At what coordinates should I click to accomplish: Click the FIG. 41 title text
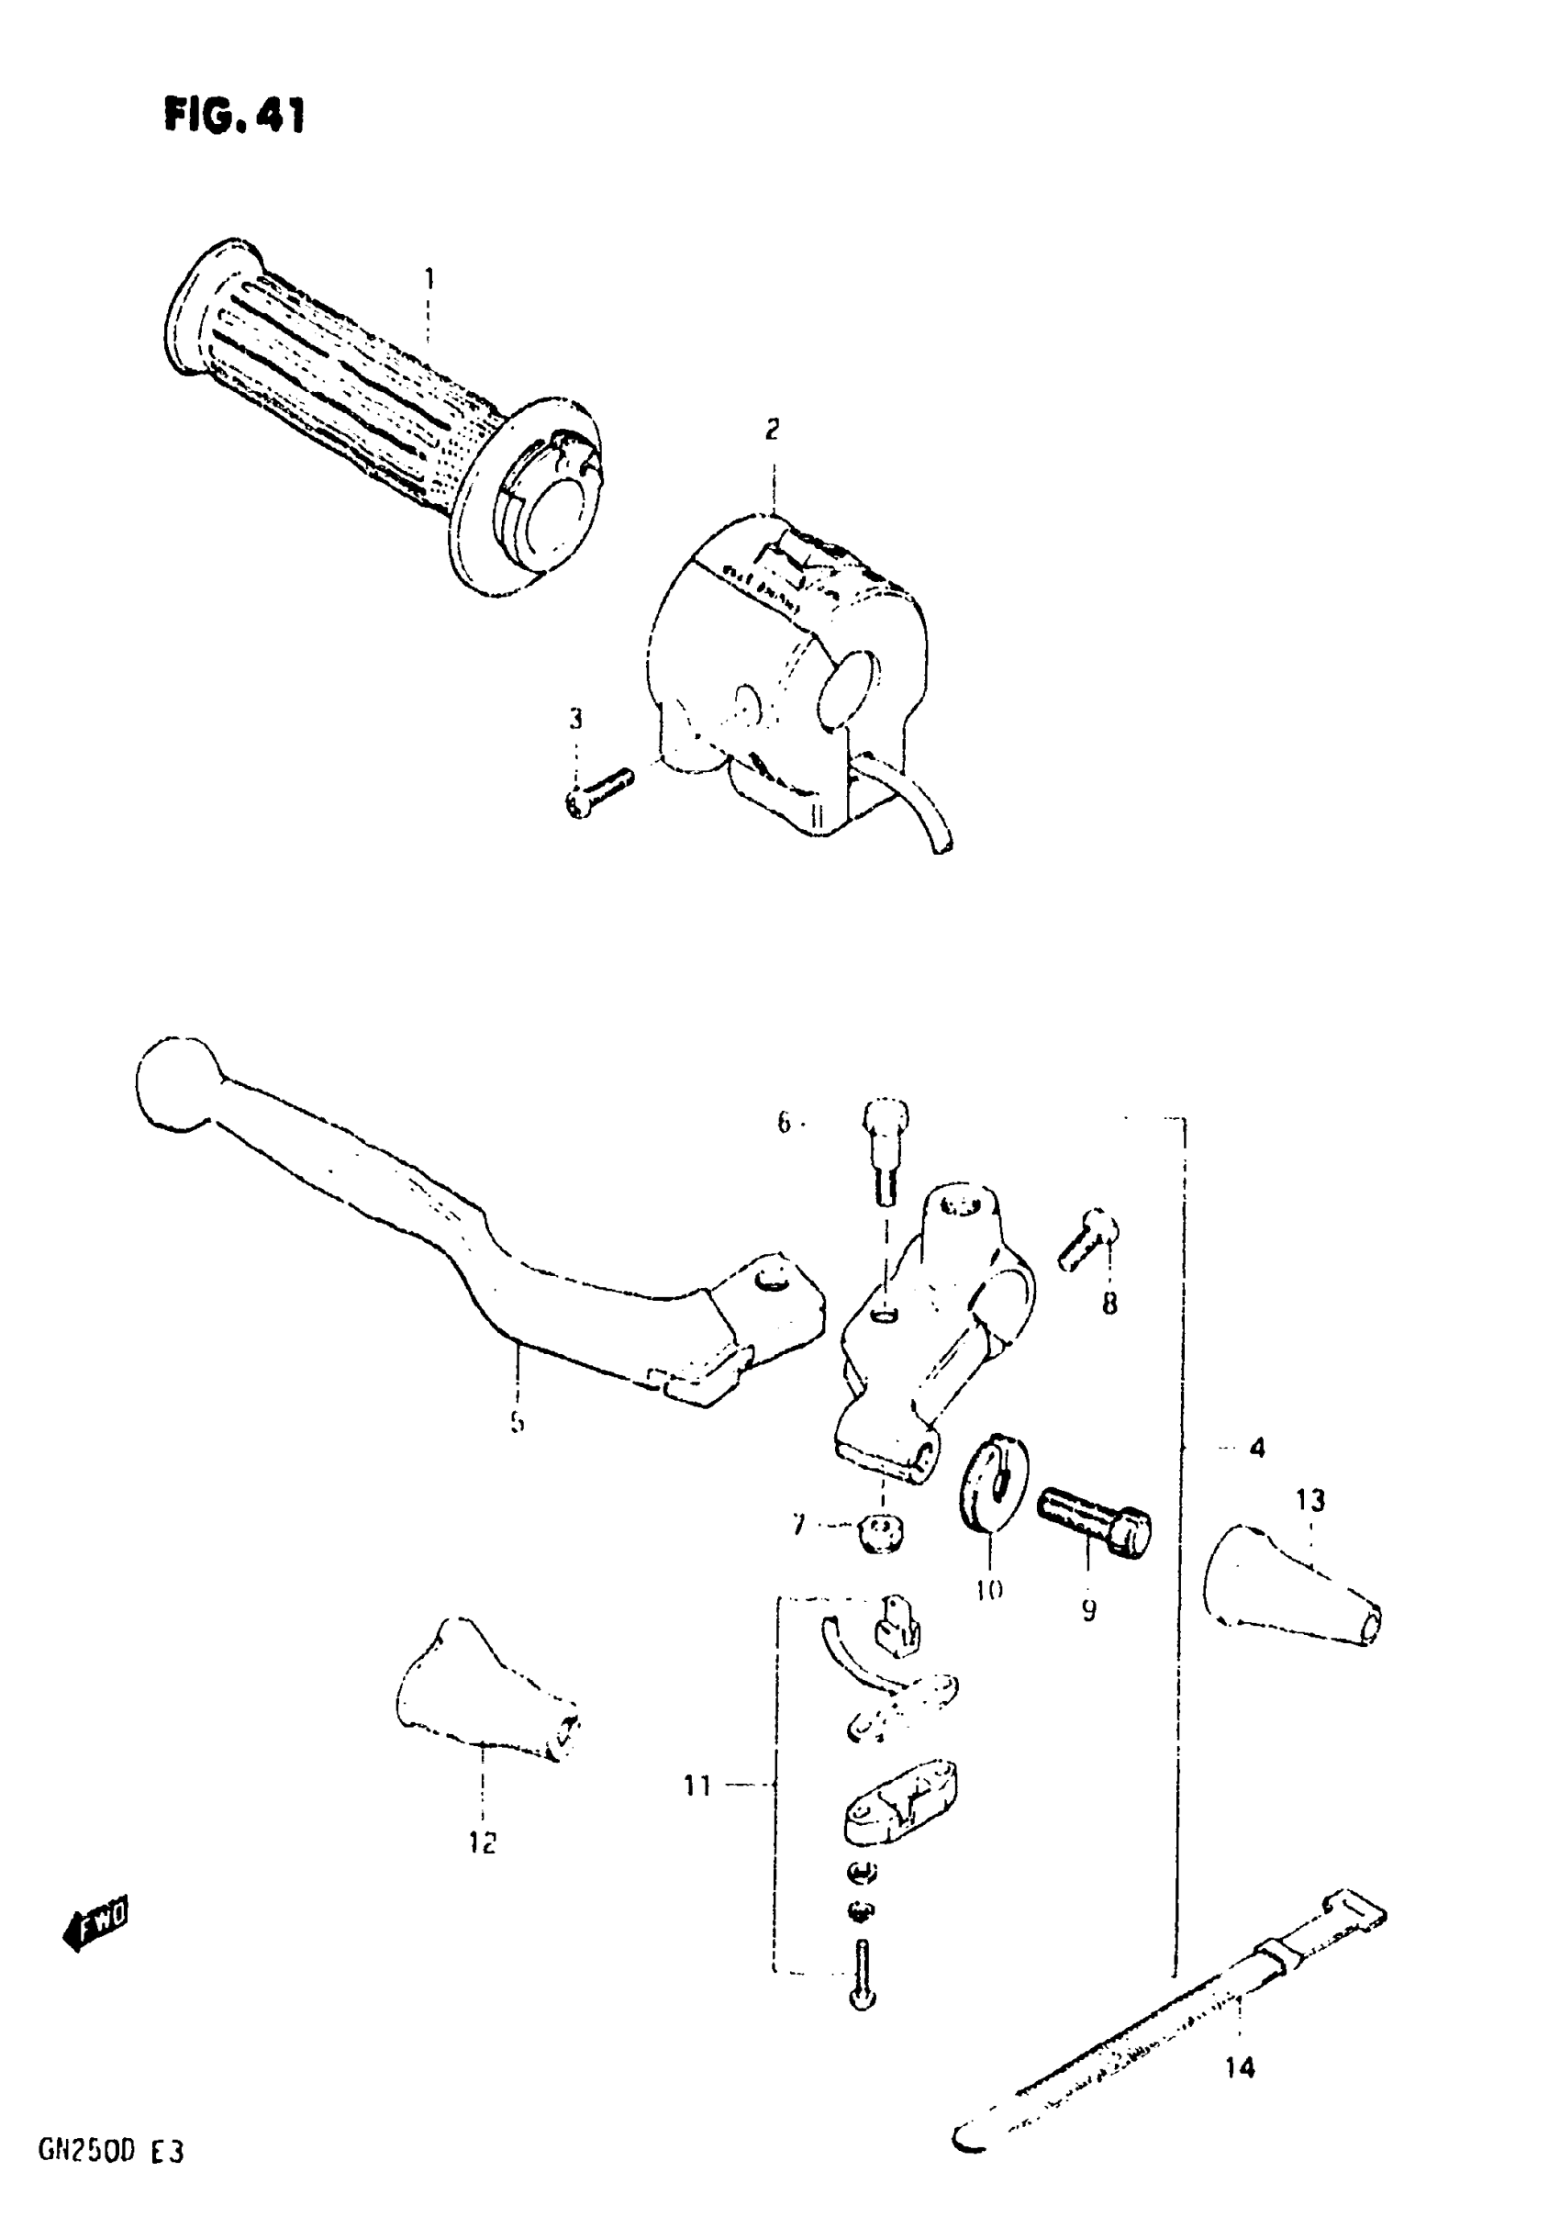pyautogui.click(x=235, y=116)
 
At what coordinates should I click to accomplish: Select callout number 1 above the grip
pyautogui.click(x=429, y=279)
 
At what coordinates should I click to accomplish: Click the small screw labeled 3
pyautogui.click(x=597, y=789)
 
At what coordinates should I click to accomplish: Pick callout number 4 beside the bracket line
pyautogui.click(x=1256, y=1474)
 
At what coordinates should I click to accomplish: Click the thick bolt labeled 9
pyautogui.click(x=1094, y=1519)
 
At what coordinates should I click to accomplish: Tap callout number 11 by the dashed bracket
pyautogui.click(x=697, y=1786)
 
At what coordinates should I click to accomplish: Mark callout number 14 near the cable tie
pyautogui.click(x=1240, y=2067)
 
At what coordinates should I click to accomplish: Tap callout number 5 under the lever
pyautogui.click(x=517, y=1421)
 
